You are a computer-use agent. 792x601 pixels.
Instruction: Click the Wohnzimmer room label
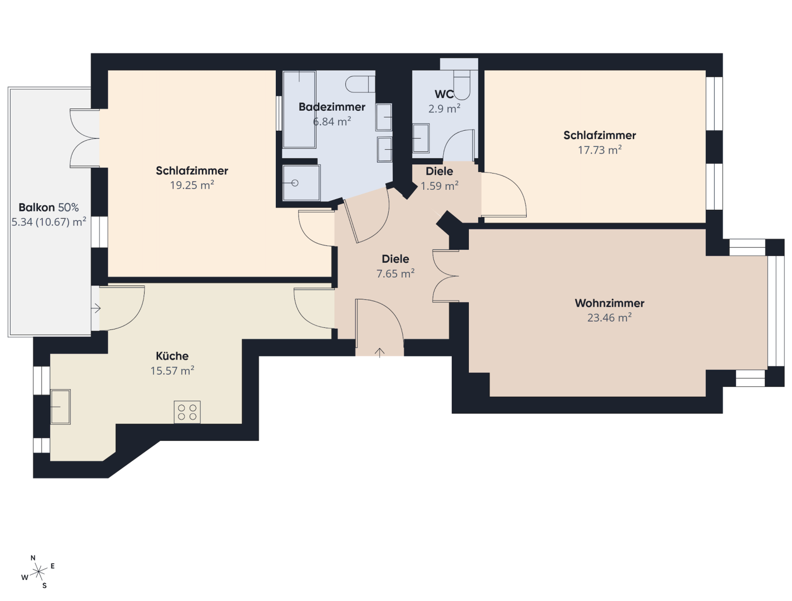(609, 303)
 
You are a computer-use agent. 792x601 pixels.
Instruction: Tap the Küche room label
(172, 356)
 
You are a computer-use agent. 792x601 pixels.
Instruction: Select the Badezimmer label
(332, 107)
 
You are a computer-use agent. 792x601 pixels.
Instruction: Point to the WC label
(444, 94)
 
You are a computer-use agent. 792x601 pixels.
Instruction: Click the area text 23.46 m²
(610, 318)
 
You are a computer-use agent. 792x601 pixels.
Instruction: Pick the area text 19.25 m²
(192, 185)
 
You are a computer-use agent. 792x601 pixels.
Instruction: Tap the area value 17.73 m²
(600, 150)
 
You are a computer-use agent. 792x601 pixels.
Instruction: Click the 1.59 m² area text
(439, 186)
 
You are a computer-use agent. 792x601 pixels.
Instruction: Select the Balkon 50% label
(49, 208)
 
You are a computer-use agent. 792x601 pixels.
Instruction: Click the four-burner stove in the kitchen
(187, 412)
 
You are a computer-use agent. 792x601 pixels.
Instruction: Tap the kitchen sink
(60, 406)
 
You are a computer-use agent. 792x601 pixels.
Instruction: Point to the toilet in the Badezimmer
(360, 84)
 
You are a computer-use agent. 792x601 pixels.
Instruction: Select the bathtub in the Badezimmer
(299, 110)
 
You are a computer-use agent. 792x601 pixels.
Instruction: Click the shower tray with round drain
(301, 183)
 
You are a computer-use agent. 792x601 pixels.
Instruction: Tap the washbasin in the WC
(420, 138)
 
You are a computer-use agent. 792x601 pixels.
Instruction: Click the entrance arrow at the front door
(379, 353)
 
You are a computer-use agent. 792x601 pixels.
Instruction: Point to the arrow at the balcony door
(96, 309)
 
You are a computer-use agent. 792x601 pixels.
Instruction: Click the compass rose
(38, 572)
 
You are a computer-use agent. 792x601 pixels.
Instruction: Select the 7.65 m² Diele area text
(395, 274)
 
